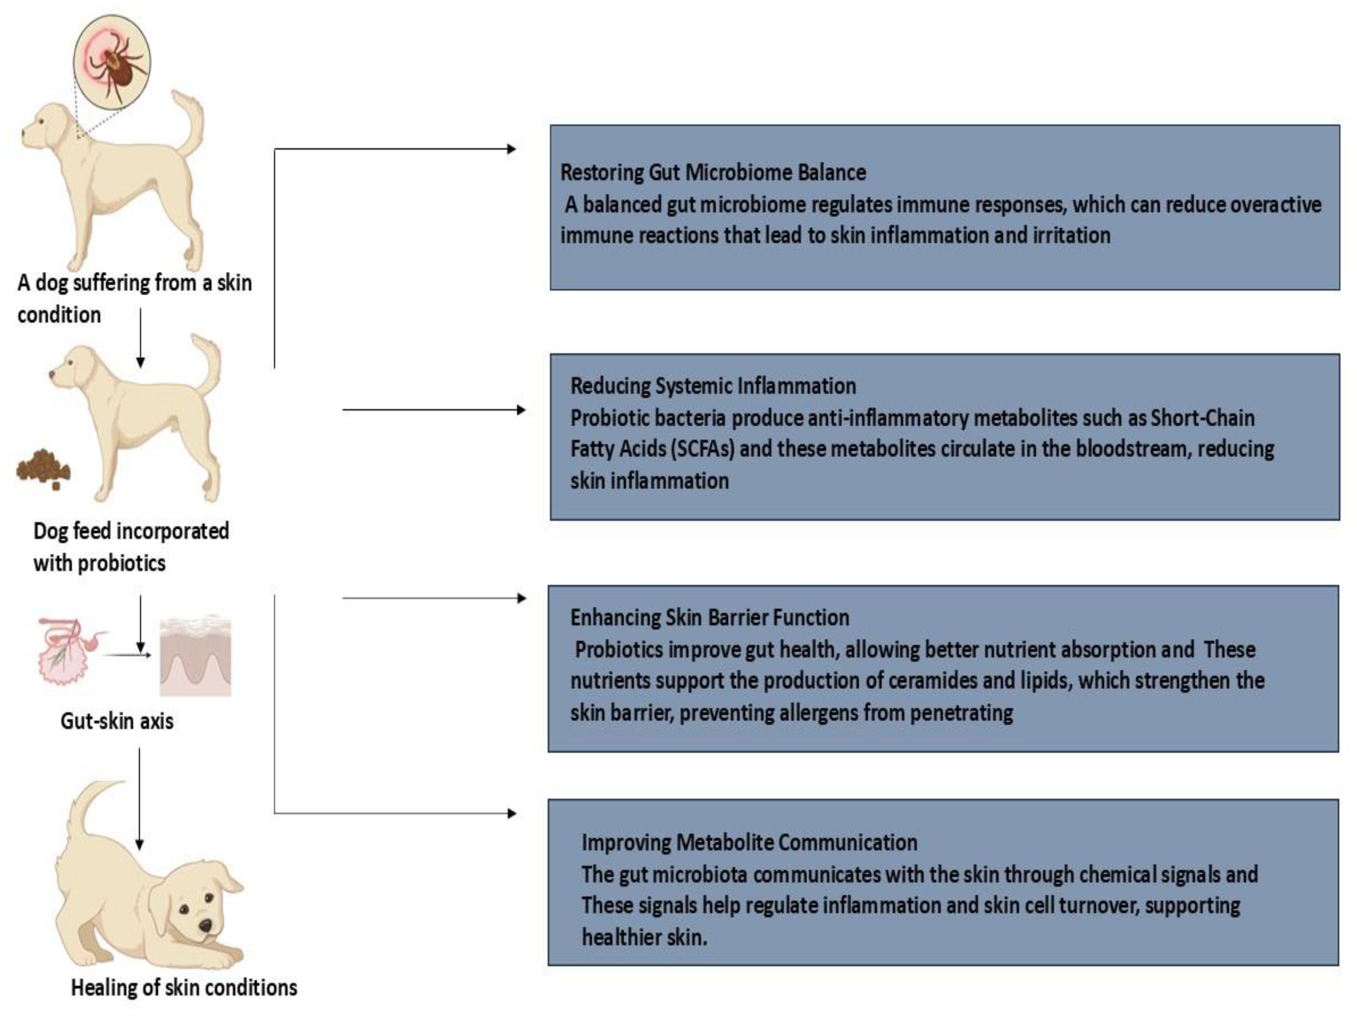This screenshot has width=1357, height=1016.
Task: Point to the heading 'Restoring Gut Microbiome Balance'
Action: click(713, 173)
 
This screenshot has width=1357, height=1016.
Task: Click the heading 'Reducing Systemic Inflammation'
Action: click(713, 386)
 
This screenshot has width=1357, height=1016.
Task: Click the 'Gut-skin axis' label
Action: click(117, 721)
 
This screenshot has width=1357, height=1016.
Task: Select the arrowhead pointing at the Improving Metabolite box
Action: click(512, 813)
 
